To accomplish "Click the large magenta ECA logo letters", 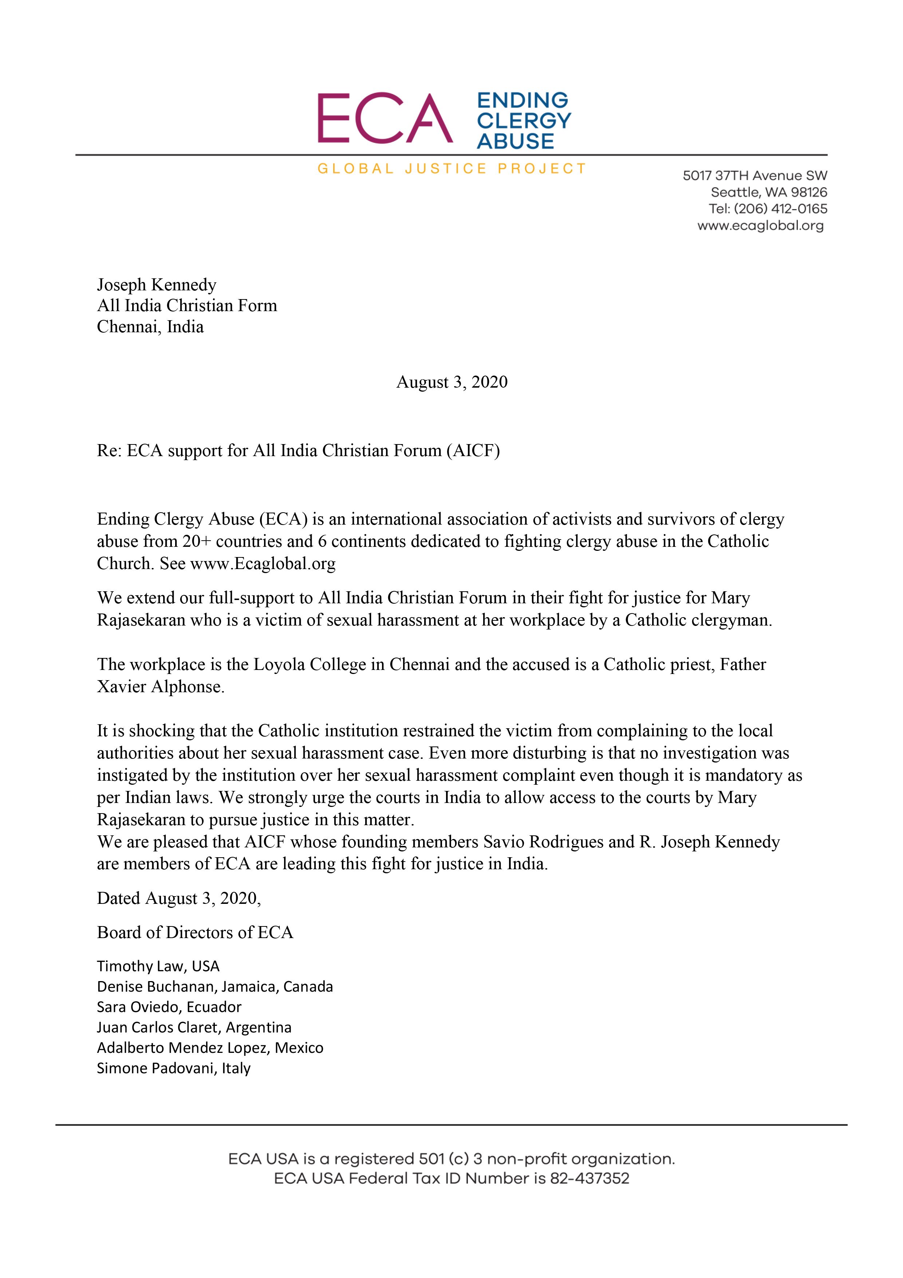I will click(384, 118).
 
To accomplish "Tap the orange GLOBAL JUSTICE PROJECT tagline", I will click(451, 169).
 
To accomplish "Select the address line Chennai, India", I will click(150, 327).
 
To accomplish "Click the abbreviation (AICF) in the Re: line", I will click(472, 450).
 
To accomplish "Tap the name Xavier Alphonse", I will click(160, 686).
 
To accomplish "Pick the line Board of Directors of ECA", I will click(195, 932).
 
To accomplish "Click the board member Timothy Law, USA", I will click(158, 966).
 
